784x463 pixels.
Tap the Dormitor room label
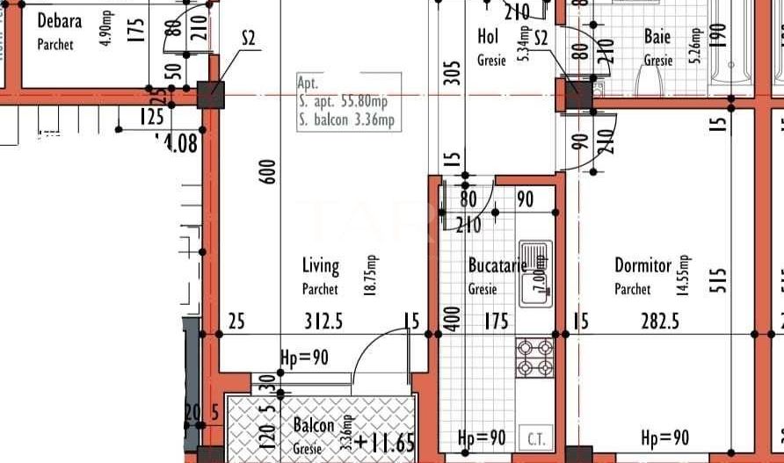pyautogui.click(x=642, y=265)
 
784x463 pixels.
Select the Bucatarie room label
pyautogui.click(x=497, y=265)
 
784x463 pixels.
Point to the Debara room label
pyautogui.click(x=60, y=19)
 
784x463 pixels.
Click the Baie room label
pyautogui.click(x=657, y=36)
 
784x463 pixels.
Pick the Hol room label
pyautogui.click(x=488, y=36)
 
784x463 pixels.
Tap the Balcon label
pyautogui.click(x=314, y=426)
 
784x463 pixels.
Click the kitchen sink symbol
pyautogui.click(x=535, y=273)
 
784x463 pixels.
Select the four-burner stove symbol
pyautogui.click(x=534, y=357)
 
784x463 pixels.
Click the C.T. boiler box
pyautogui.click(x=535, y=438)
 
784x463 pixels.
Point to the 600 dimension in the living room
pyautogui.click(x=269, y=170)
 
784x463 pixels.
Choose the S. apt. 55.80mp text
pyautogui.click(x=349, y=101)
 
